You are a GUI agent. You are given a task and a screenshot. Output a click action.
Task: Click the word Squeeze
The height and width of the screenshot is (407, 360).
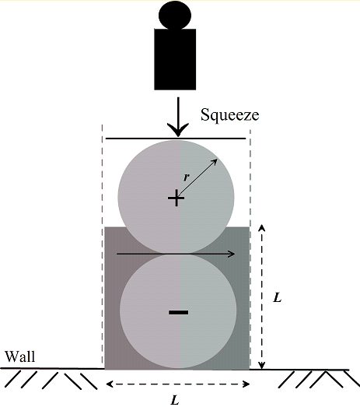pyautogui.click(x=229, y=116)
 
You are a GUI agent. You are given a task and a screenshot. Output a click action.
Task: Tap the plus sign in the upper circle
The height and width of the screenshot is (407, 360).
pyautogui.click(x=176, y=199)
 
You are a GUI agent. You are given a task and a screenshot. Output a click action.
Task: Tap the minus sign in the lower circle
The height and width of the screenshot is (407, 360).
pyautogui.click(x=178, y=312)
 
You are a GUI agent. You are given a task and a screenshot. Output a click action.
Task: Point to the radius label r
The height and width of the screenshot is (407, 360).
pyautogui.click(x=185, y=177)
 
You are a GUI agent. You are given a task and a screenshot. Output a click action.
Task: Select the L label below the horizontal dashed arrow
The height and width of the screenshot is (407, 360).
pyautogui.click(x=176, y=399)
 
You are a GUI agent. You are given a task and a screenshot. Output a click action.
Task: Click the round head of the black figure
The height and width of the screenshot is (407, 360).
pyautogui.click(x=174, y=14)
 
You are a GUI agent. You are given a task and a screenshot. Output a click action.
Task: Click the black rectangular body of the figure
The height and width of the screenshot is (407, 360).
pyautogui.click(x=175, y=58)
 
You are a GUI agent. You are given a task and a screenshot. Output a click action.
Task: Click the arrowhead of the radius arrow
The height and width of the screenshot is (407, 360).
pyautogui.click(x=215, y=161)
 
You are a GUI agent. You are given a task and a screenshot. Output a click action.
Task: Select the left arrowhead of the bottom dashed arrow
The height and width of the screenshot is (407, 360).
pyautogui.click(x=109, y=384)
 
